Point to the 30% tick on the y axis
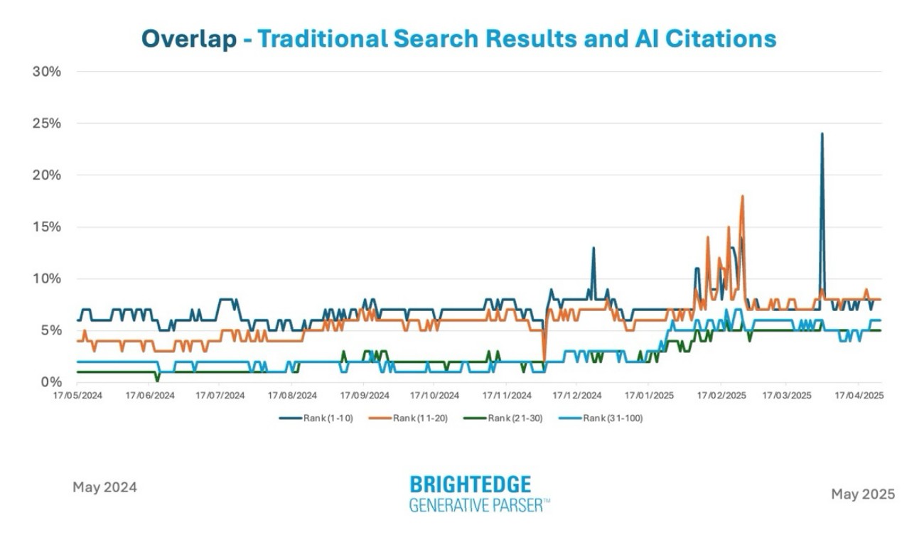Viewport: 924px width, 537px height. [x=47, y=72]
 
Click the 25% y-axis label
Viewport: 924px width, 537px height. [x=47, y=124]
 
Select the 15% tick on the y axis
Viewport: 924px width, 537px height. [x=47, y=227]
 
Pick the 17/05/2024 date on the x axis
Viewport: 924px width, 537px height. [x=77, y=395]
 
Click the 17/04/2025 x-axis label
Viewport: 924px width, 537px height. [x=858, y=395]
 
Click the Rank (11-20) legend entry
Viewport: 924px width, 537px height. [x=409, y=418]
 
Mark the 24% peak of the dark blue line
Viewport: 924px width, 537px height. [x=822, y=134]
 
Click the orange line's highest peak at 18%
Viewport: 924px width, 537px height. [x=742, y=196]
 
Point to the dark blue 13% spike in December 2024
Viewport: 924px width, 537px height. [x=593, y=248]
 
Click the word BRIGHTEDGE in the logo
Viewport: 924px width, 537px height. [x=470, y=485]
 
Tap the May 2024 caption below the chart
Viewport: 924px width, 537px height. [x=104, y=487]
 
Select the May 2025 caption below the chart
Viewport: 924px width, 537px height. [x=863, y=494]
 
